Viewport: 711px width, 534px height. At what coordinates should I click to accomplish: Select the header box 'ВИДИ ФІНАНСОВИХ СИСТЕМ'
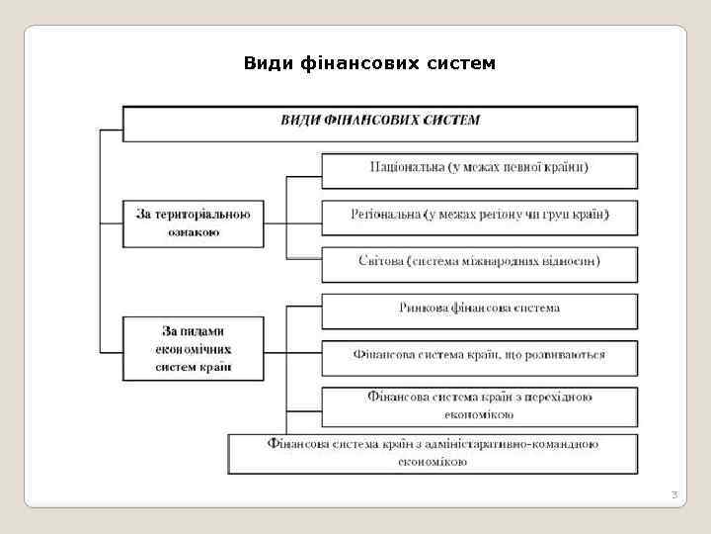pyautogui.click(x=380, y=121)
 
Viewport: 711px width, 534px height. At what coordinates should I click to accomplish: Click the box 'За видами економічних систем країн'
pyautogui.click(x=194, y=348)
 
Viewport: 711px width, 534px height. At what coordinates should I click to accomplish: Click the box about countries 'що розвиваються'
pyautogui.click(x=479, y=354)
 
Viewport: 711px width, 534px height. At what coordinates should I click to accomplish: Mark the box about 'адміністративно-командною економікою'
pyautogui.click(x=433, y=453)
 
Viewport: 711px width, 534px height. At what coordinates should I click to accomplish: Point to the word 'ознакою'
pyautogui.click(x=194, y=234)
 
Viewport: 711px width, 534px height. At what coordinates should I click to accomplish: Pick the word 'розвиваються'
pyautogui.click(x=569, y=354)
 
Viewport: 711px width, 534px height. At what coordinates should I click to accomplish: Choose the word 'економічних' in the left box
pyautogui.click(x=194, y=349)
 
